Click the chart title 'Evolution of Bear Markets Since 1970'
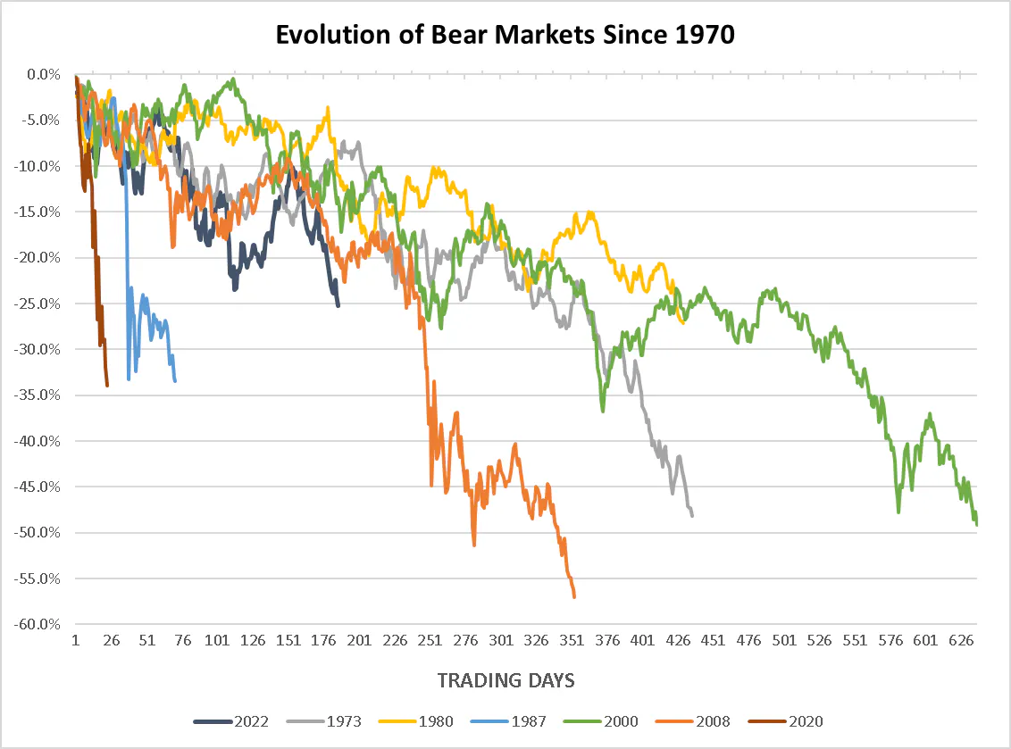point(505,35)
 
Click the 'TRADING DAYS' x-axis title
point(505,680)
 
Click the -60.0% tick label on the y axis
point(39,624)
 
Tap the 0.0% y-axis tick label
point(44,74)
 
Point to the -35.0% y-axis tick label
point(39,395)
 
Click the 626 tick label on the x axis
point(960,640)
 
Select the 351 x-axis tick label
point(572,640)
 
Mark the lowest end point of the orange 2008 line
point(574,597)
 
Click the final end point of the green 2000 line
point(977,525)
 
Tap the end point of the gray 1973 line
point(692,515)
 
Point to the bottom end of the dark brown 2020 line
point(107,386)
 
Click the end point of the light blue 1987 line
point(175,381)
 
